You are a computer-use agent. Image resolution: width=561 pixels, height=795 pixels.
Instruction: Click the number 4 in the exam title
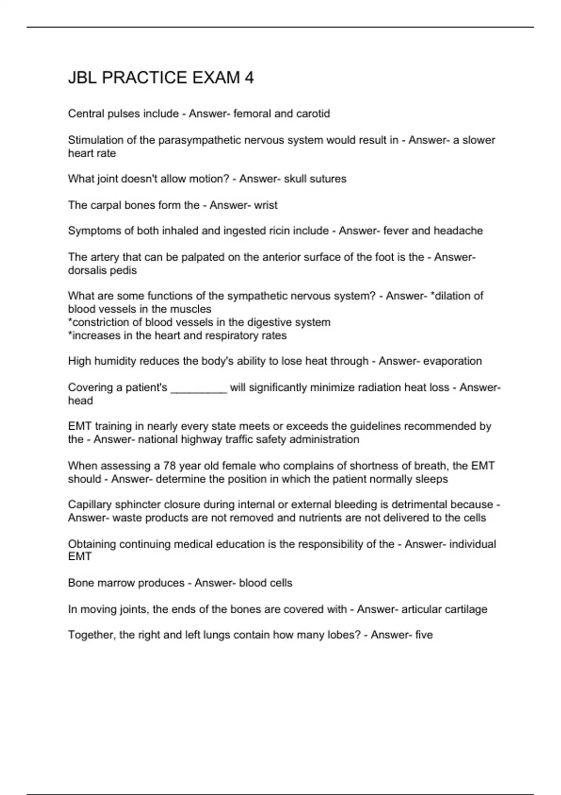click(249, 78)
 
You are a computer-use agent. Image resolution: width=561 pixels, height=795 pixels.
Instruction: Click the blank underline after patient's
click(199, 388)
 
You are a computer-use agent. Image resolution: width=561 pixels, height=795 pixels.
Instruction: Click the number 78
click(169, 466)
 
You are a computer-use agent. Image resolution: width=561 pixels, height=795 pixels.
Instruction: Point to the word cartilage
click(465, 609)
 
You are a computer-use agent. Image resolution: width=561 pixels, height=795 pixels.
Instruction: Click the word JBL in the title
click(82, 78)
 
